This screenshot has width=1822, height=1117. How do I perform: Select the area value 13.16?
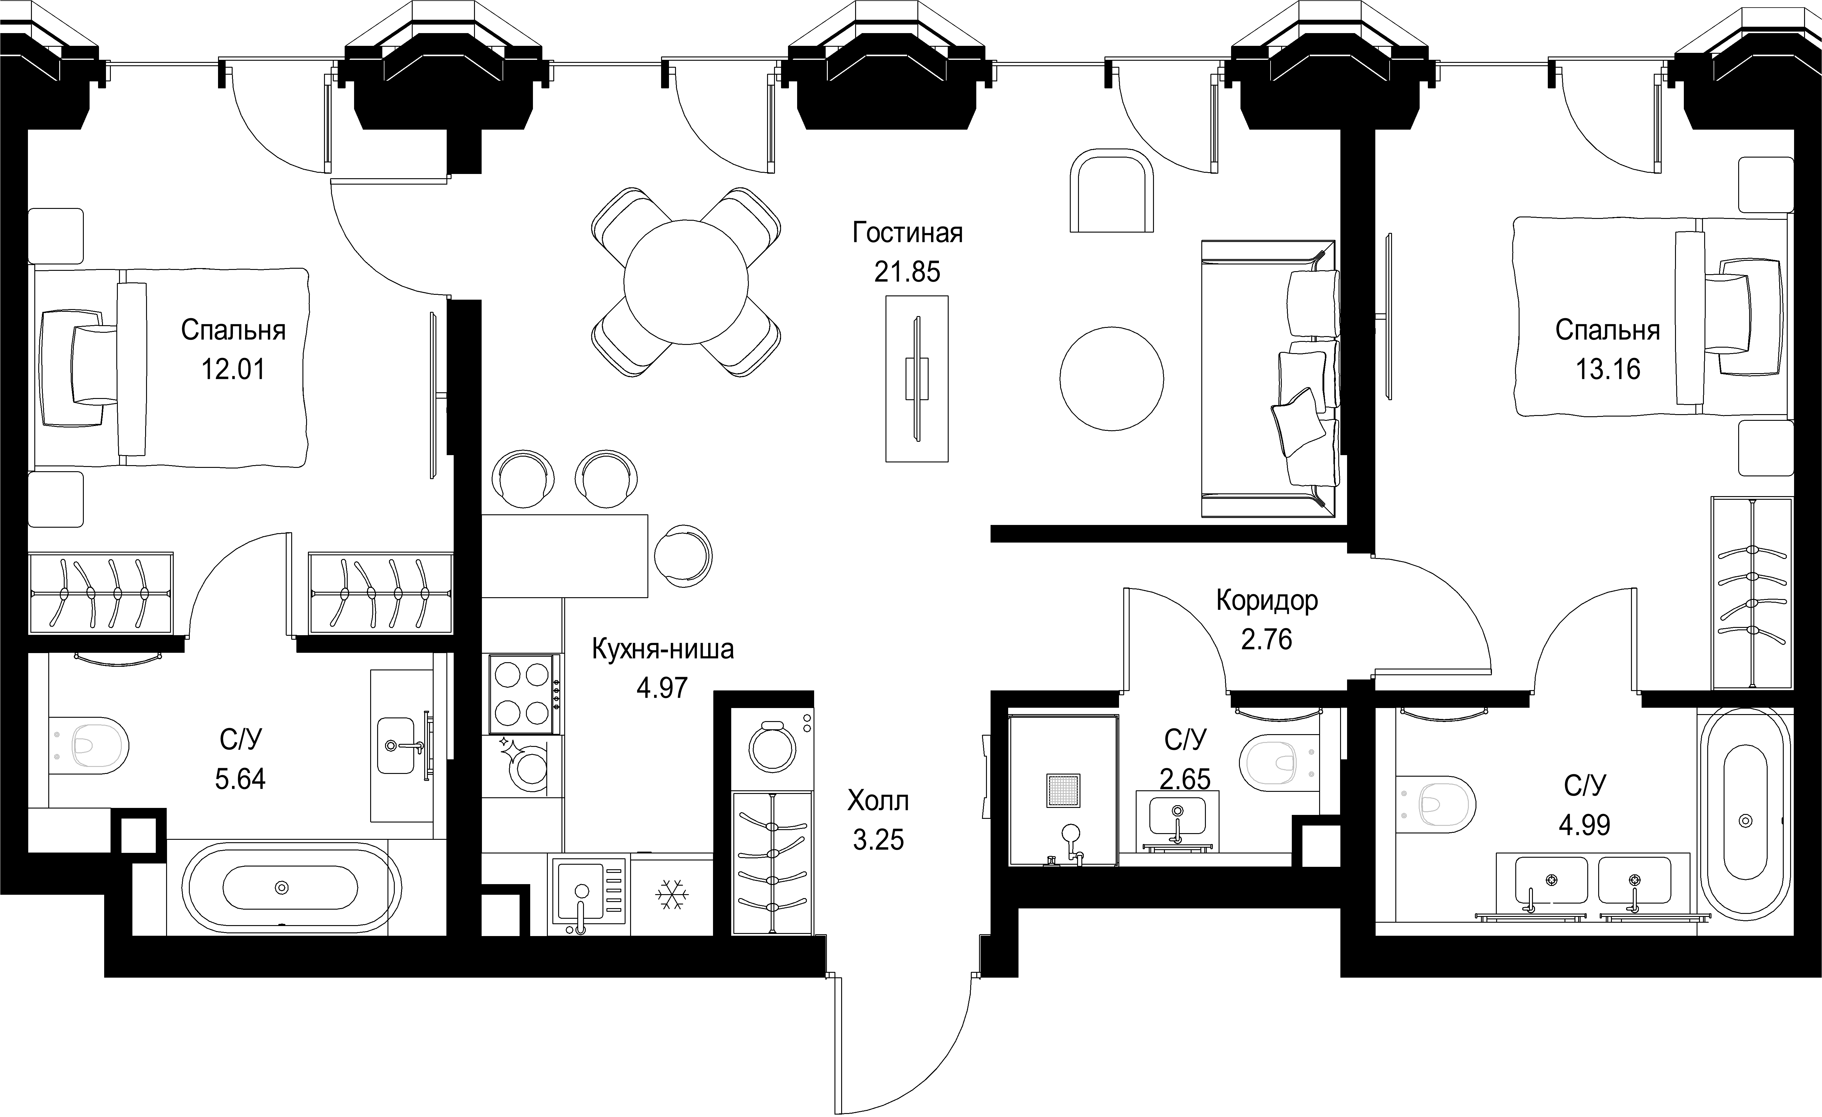1608,369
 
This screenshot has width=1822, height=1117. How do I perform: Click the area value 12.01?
234,369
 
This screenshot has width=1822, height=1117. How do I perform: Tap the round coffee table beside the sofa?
1111,379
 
